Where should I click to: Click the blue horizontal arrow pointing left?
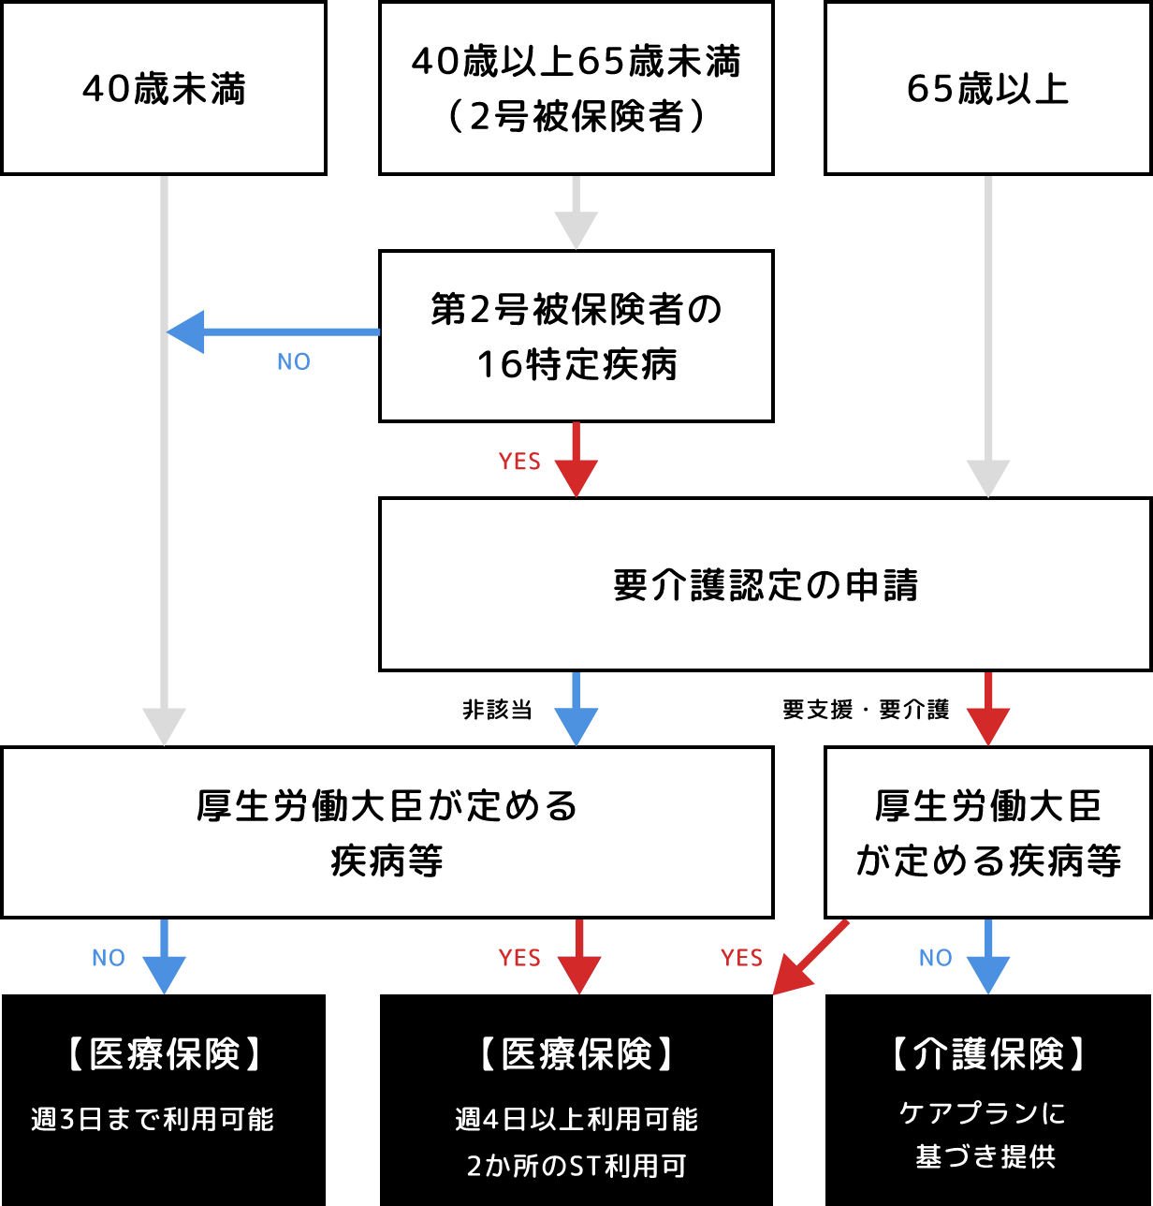[x=273, y=331]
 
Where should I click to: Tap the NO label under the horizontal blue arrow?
[x=294, y=362]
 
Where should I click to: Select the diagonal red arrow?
[x=810, y=958]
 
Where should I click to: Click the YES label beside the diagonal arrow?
[x=741, y=958]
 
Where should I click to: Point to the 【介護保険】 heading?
[x=987, y=1054]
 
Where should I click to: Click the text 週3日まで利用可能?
[x=153, y=1119]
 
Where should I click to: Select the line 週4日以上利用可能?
[x=576, y=1119]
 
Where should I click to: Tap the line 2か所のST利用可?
[x=576, y=1166]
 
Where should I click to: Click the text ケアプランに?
[x=984, y=1112]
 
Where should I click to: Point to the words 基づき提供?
[x=985, y=1157]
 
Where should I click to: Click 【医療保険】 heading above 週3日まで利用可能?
[x=165, y=1054]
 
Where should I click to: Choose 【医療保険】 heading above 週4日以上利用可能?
[x=576, y=1054]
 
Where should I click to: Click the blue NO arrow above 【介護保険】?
[x=988, y=957]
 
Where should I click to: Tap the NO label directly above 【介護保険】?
[x=936, y=958]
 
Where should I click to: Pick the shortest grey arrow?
[x=576, y=213]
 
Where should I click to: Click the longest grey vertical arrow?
[x=164, y=459]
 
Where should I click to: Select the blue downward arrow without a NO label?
[x=576, y=710]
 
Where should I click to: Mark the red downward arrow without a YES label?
[x=988, y=710]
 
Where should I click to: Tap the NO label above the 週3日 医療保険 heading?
[x=109, y=958]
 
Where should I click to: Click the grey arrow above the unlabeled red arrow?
[x=988, y=337]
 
